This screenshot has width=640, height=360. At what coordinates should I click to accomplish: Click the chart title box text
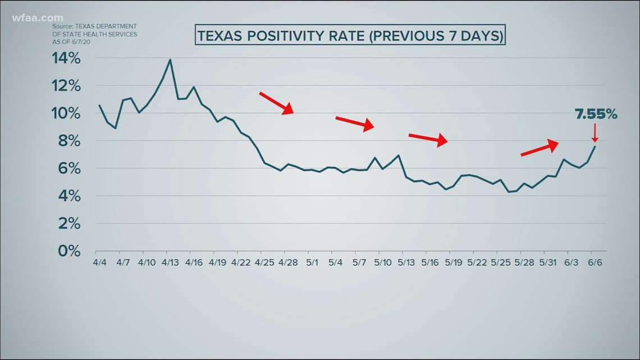point(350,36)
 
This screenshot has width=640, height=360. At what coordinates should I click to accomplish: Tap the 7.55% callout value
point(596,115)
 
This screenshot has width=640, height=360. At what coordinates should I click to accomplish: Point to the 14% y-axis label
point(67,58)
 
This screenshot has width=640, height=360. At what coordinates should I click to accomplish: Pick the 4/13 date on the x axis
point(170,262)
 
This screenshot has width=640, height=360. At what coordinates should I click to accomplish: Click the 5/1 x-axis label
point(312,262)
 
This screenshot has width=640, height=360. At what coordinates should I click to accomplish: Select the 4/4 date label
point(99,262)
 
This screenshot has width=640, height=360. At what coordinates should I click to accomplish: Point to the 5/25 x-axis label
point(501,262)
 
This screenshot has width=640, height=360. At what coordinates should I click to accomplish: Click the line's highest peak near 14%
point(170,60)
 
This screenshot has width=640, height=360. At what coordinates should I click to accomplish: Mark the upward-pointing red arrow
point(540,147)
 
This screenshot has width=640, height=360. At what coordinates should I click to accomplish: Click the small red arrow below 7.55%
point(595,133)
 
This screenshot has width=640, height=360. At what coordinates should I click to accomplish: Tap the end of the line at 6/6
point(595,146)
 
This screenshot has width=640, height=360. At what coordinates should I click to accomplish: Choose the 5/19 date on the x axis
point(453,262)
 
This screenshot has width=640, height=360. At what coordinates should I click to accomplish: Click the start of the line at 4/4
point(99,105)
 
